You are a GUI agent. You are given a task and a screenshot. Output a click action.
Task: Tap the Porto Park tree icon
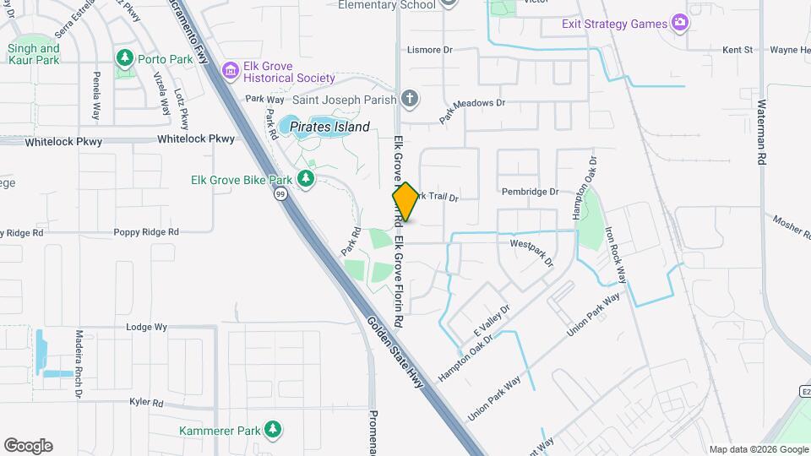[126, 57]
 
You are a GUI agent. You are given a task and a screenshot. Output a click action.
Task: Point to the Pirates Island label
[329, 128]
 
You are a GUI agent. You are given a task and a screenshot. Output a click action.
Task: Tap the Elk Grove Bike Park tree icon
[305, 179]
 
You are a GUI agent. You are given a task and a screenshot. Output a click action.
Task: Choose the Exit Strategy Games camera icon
[679, 23]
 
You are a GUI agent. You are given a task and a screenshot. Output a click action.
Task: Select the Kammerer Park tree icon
[272, 430]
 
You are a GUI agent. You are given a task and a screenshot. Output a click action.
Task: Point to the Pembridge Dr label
[530, 192]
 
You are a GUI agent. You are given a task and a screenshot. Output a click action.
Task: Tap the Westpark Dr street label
[532, 251]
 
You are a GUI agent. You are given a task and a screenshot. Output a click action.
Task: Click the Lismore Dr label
[429, 50]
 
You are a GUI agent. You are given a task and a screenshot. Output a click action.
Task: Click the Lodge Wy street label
[146, 326]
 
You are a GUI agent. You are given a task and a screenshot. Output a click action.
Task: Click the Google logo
[28, 445]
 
